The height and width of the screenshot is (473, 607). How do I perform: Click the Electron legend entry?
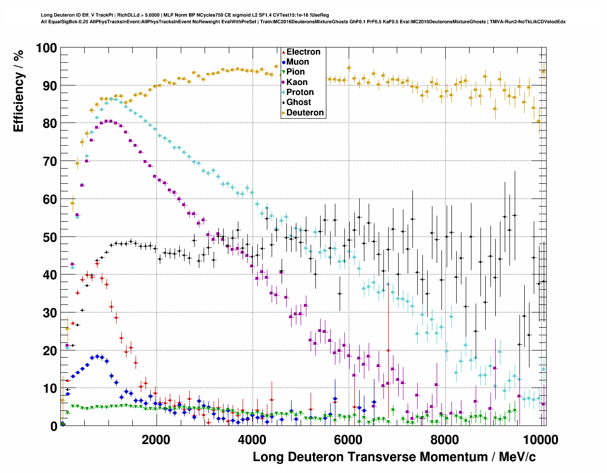coord(303,52)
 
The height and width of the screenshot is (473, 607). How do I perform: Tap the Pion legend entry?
coord(295,72)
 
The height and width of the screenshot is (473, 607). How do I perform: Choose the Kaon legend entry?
coord(297,82)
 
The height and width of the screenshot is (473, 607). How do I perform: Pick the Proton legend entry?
coord(300,92)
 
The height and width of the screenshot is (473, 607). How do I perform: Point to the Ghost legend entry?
coord(298,102)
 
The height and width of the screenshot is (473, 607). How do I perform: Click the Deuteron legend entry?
coord(305,113)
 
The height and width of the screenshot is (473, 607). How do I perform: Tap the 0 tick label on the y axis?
coord(54,426)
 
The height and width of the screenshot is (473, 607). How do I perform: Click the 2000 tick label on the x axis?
coord(156,439)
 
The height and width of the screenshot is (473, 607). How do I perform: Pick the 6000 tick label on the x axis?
coord(348,439)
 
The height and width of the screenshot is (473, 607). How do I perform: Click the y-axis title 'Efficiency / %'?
coord(19,91)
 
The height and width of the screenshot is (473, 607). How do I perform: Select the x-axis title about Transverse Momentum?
coord(394,457)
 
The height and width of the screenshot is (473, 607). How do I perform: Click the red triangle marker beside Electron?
coord(284,52)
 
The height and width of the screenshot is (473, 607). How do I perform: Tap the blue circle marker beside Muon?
coord(284,62)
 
